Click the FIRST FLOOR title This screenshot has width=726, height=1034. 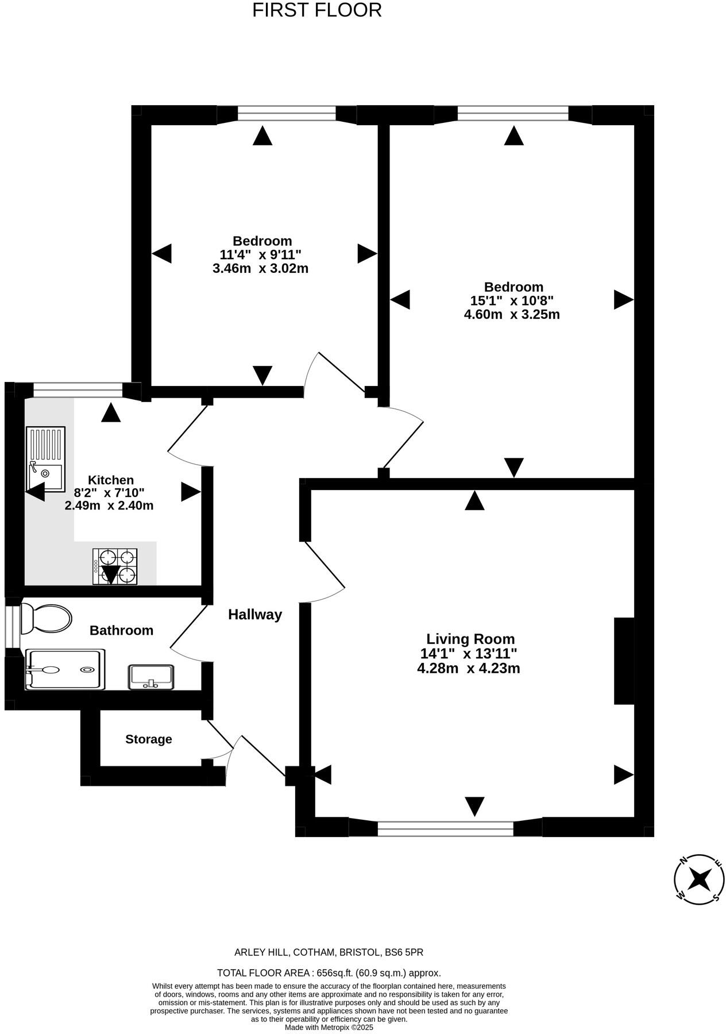pyautogui.click(x=316, y=10)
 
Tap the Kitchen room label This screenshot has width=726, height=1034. pyautogui.click(x=111, y=480)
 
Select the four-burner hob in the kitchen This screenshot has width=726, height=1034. pyautogui.click(x=115, y=566)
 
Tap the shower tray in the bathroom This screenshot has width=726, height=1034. pyautogui.click(x=65, y=669)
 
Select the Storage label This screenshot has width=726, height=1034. pyautogui.click(x=149, y=739)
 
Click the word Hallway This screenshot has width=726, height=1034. pyautogui.click(x=255, y=615)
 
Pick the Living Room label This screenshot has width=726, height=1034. pyautogui.click(x=470, y=639)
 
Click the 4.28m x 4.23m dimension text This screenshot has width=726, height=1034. pyautogui.click(x=469, y=668)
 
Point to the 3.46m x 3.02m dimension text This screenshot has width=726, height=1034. pyautogui.click(x=260, y=268)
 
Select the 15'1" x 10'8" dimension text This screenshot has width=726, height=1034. pyautogui.click(x=512, y=300)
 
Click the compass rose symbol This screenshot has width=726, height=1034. pyautogui.click(x=698, y=878)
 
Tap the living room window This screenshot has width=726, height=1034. pyautogui.click(x=445, y=828)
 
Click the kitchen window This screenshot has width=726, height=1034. pyautogui.click(x=78, y=392)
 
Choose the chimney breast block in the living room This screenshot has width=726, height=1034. pyautogui.click(x=624, y=661)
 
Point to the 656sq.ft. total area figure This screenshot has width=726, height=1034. pyautogui.click(x=342, y=973)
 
